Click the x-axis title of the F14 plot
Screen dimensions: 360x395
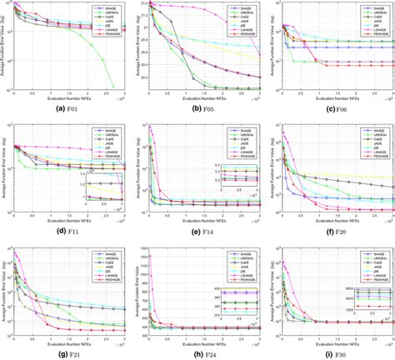click(x=201, y=218)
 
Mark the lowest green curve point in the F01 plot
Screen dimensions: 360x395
click(x=113, y=87)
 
